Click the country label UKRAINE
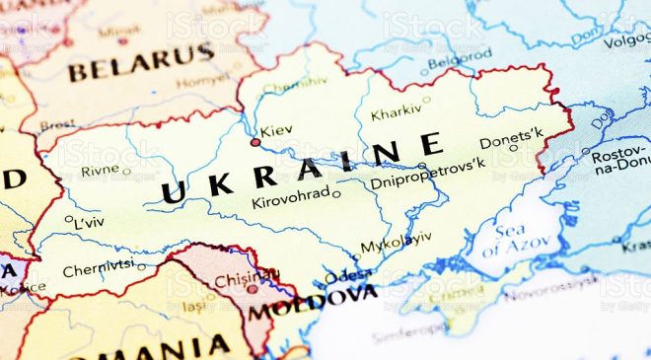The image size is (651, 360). coord(301,169)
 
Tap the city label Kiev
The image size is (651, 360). coord(276,130)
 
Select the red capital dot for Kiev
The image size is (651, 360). coord(255,142)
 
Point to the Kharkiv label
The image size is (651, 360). coord(396,112)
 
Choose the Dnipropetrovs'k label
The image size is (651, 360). coord(426,180)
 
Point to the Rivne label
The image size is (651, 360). coord(100,170)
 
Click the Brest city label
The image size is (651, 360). coord(57,125)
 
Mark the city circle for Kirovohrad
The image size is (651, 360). coord(336,193)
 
